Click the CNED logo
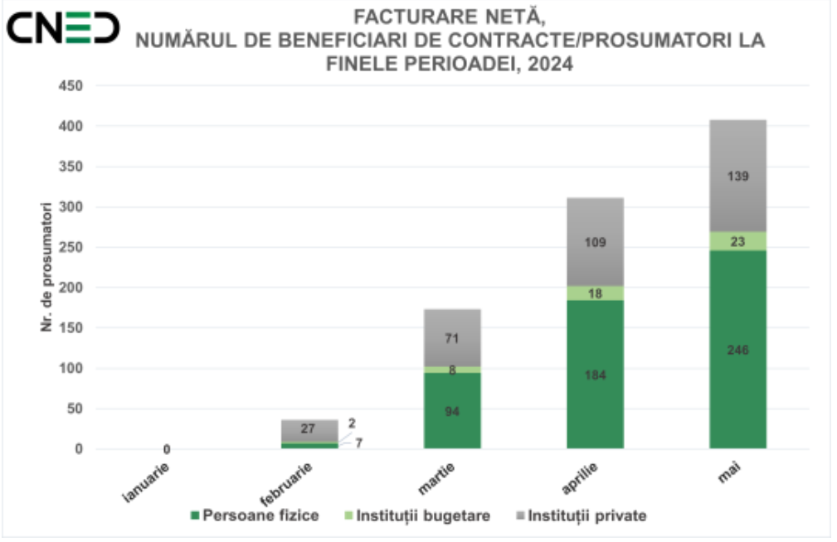click(x=63, y=28)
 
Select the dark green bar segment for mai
click(x=737, y=349)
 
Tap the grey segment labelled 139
click(x=737, y=176)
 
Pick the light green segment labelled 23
click(x=737, y=241)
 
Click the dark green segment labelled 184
click(x=595, y=375)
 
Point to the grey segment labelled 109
click(x=595, y=242)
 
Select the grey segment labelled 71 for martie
click(x=452, y=337)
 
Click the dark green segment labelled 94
click(x=452, y=411)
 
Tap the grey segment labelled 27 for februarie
click(x=309, y=429)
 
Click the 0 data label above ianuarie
click(x=167, y=449)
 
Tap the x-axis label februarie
click(x=287, y=485)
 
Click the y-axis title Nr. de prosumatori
click(x=47, y=265)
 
